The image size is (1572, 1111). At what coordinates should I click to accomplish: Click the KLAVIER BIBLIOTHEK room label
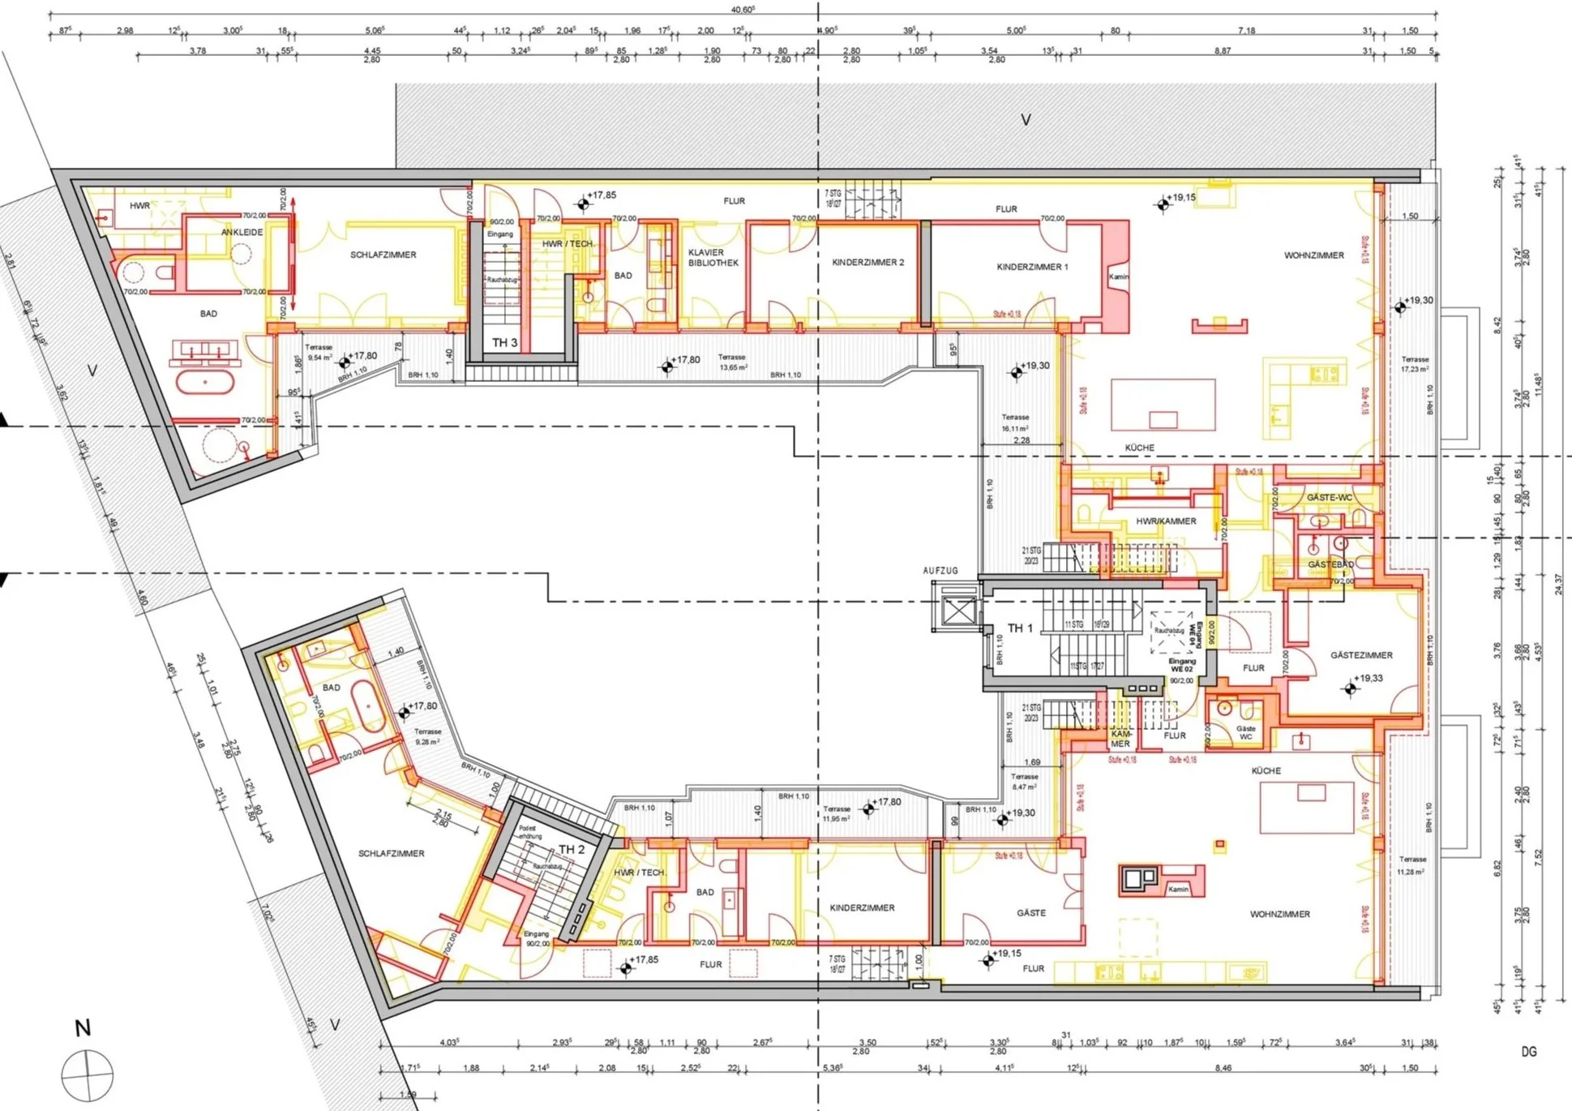[713, 258]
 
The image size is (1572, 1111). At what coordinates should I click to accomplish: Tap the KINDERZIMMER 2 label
[867, 263]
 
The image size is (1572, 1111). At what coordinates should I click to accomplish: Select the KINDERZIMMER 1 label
[1032, 267]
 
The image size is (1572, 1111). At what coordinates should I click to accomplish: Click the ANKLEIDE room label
[242, 233]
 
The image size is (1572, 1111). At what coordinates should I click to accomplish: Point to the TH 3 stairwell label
[504, 343]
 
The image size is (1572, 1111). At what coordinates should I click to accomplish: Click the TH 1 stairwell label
[1020, 628]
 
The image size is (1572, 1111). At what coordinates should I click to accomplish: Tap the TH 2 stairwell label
[571, 850]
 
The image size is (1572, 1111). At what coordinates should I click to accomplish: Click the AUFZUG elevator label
[940, 571]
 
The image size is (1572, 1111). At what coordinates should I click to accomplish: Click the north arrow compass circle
[87, 1075]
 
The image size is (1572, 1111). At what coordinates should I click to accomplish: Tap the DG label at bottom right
[1528, 1053]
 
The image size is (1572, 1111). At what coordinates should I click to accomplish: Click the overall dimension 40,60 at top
[743, 10]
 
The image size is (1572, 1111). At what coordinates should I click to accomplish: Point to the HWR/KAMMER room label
[1166, 521]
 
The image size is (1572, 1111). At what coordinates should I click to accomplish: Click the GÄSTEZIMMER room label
[1361, 655]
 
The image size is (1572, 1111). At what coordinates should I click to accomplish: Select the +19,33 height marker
[1369, 679]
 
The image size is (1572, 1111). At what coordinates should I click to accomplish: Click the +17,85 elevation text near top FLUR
[602, 195]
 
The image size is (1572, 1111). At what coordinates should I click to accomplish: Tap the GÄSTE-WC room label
[1329, 498]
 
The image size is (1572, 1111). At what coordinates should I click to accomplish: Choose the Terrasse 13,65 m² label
[732, 362]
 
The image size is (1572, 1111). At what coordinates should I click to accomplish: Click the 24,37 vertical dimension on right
[1558, 584]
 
